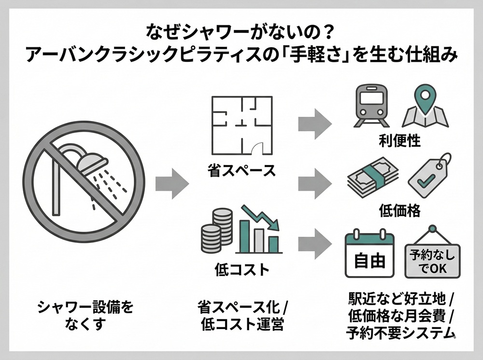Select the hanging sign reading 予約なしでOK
(x=431, y=255)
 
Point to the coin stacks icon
(x=217, y=230)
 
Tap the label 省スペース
(x=241, y=170)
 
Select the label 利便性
(x=399, y=140)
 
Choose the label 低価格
(x=399, y=210)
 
